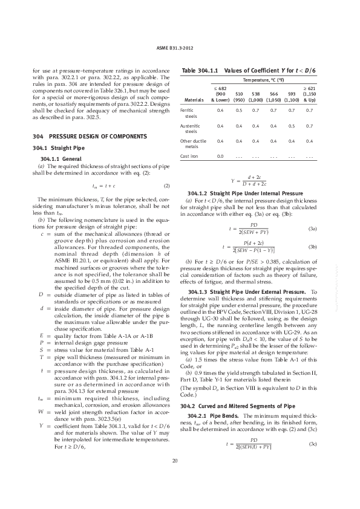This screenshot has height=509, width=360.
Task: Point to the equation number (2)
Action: click(166, 186)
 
